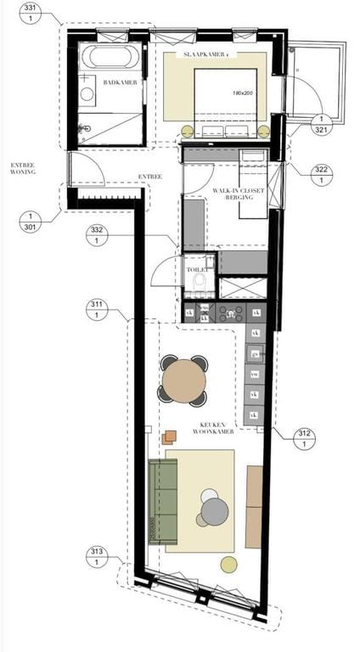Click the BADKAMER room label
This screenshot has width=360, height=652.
point(115,82)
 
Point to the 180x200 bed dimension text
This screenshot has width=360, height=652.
point(245,93)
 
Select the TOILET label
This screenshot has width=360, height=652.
point(197,269)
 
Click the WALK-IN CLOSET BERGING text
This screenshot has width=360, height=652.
point(239,194)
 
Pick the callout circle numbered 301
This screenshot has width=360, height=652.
point(30,222)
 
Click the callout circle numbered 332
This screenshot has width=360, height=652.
point(98,235)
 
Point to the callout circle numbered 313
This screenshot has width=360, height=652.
point(97,557)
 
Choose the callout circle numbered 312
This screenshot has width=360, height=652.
point(303,438)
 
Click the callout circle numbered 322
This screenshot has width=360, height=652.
point(321,175)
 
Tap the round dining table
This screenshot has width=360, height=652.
point(183,381)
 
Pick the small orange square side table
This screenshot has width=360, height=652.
point(170,436)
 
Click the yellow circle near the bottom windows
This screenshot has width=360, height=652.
point(228,564)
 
